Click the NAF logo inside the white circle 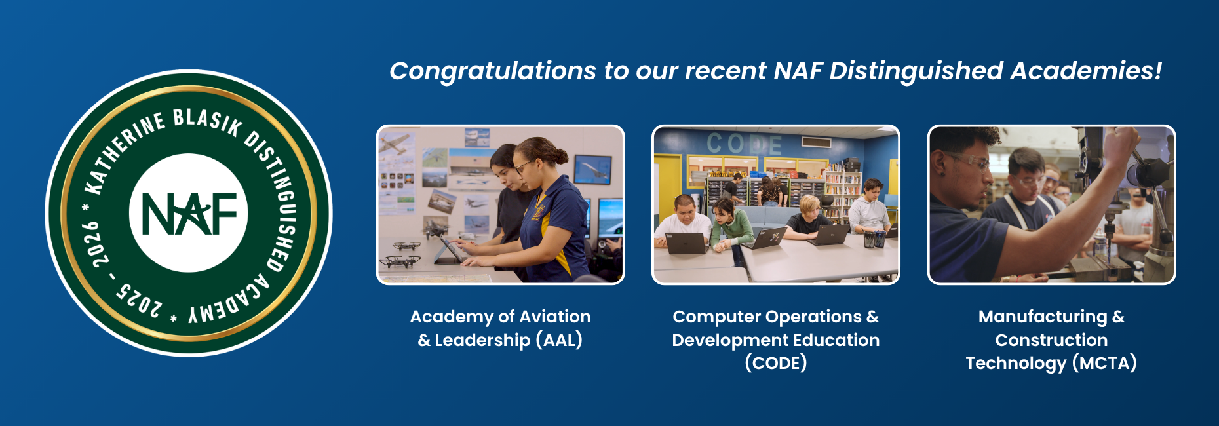click(189, 214)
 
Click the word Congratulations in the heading click(493, 71)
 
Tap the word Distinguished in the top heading click(916, 71)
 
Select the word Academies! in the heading click(1086, 71)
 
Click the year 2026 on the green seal click(98, 244)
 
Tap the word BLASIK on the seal click(208, 122)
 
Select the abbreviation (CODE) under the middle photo click(776, 363)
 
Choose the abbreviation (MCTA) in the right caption click(1104, 363)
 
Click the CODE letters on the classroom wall click(744, 144)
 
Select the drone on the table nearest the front click(400, 261)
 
